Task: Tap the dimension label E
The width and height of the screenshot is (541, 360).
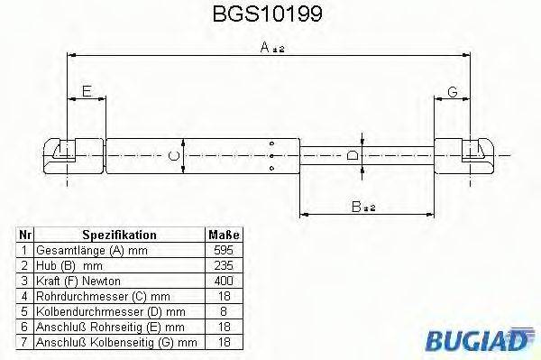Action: click(x=86, y=91)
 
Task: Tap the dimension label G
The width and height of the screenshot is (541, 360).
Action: click(x=453, y=91)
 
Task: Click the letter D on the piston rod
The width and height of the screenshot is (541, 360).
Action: click(x=353, y=154)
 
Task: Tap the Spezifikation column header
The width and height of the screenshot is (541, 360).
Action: click(x=118, y=234)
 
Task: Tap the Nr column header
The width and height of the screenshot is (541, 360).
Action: click(x=26, y=234)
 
